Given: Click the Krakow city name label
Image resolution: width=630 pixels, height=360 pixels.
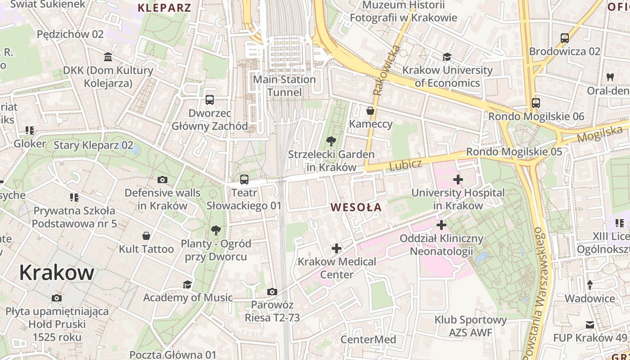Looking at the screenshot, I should (57, 273).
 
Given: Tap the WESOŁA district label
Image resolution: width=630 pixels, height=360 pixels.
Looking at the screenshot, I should (356, 207).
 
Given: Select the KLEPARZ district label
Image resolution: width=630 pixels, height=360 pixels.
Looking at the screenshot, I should (164, 8).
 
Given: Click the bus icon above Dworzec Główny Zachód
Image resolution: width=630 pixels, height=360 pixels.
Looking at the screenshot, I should (210, 100).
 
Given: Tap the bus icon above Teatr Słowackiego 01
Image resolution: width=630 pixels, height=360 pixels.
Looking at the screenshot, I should (244, 180).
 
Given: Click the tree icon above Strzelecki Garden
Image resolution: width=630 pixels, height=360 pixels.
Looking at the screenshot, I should (331, 141).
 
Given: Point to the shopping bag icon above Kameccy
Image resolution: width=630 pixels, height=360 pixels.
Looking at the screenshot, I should (370, 111).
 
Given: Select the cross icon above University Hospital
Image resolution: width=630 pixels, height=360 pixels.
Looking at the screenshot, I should (458, 180).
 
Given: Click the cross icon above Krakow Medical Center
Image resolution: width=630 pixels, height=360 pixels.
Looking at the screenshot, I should (337, 248).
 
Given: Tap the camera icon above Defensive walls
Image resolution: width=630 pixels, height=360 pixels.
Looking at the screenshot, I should (162, 180).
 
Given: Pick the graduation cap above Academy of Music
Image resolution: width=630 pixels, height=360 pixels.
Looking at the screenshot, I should (187, 284).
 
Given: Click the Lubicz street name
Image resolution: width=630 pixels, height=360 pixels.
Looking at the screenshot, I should (405, 165).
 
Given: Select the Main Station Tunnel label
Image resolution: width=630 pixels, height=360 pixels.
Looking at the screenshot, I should (284, 86).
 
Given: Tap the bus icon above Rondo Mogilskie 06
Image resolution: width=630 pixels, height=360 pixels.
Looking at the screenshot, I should (535, 103).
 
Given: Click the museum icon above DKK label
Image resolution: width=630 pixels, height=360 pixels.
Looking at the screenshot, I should (108, 57).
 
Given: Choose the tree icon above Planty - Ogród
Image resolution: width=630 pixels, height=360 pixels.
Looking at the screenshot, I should (216, 230).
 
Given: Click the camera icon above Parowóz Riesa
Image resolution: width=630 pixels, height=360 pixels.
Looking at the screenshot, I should (272, 292).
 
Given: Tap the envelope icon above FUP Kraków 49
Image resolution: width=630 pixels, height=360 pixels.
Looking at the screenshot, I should (590, 325).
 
